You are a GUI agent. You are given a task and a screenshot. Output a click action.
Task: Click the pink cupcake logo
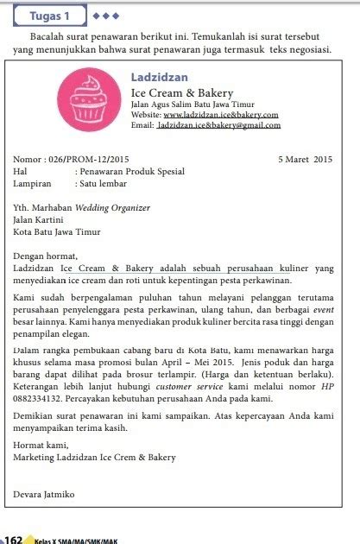point(91,99)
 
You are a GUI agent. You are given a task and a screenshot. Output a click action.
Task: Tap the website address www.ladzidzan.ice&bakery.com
point(220,114)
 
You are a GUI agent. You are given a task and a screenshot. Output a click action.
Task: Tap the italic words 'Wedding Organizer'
point(112,207)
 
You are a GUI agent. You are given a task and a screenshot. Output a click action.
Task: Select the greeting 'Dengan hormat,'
point(45,256)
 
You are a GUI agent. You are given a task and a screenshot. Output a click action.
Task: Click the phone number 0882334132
point(42,400)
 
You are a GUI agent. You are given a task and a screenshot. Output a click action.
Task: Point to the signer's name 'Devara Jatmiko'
point(44,494)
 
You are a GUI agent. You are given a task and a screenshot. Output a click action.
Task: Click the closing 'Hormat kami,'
point(39,446)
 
